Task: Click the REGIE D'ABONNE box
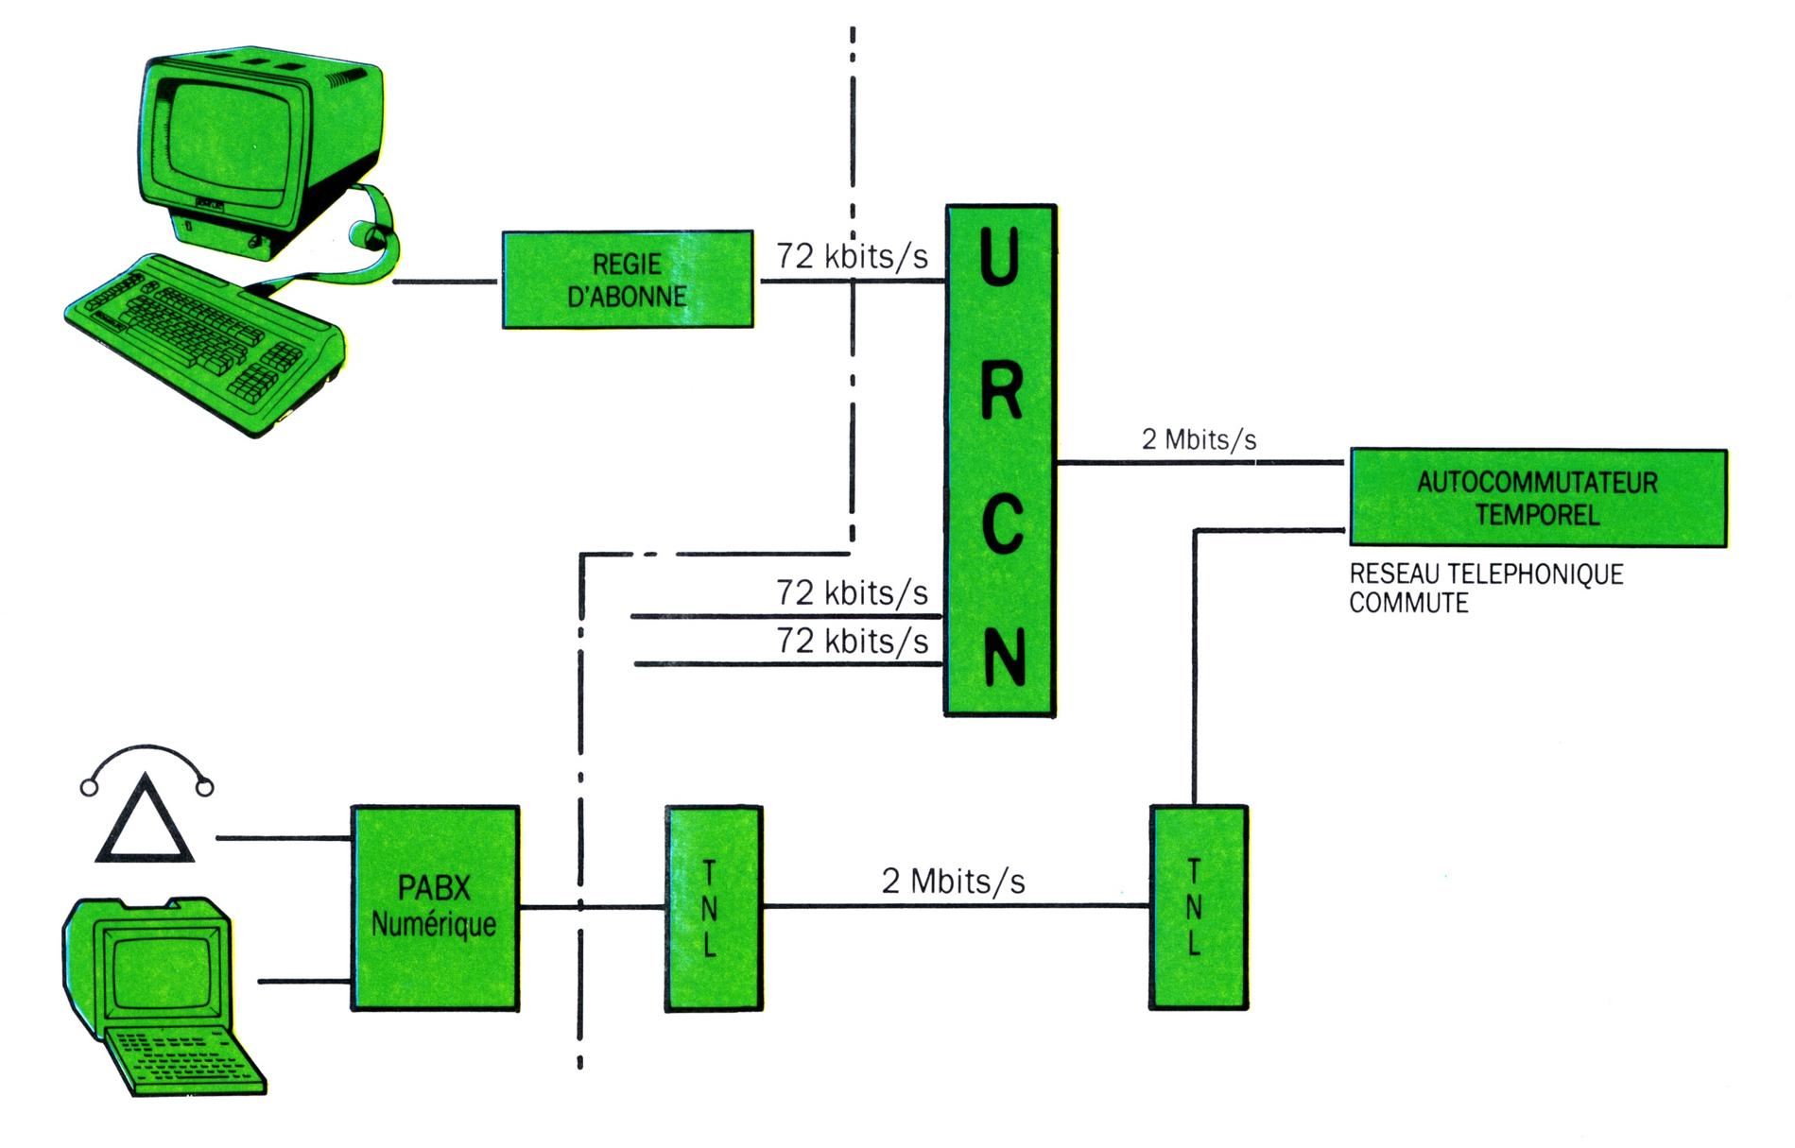[627, 280]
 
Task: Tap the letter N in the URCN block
[1002, 657]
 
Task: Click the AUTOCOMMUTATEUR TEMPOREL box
[1537, 498]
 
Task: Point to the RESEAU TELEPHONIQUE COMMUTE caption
[1485, 588]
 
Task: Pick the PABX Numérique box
[435, 908]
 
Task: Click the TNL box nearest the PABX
[713, 908]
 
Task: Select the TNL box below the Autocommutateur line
[1198, 908]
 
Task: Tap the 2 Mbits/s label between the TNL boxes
[953, 882]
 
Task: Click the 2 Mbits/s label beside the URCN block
[1199, 439]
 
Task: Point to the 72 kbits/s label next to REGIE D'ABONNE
[852, 256]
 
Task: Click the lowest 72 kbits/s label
[852, 642]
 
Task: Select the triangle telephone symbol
[145, 822]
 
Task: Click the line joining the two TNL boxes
[955, 906]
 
